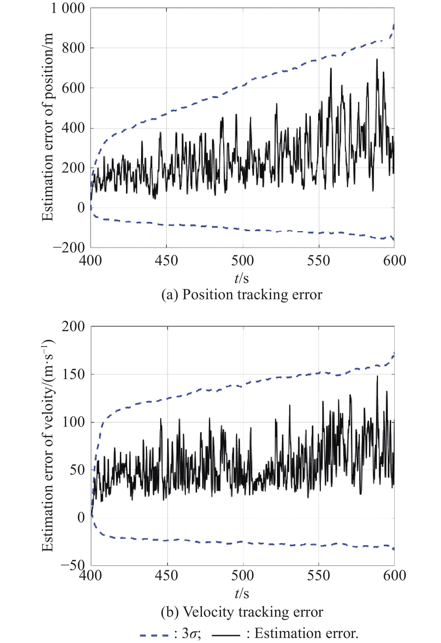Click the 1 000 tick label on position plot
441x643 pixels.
click(x=68, y=8)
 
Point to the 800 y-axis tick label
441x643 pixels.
click(x=73, y=48)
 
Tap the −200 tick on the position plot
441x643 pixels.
click(x=69, y=248)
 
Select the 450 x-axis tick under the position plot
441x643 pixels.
click(x=166, y=261)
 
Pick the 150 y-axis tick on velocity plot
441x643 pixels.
click(x=73, y=374)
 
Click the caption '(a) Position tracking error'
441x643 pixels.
click(x=242, y=295)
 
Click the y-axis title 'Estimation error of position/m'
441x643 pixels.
click(x=48, y=127)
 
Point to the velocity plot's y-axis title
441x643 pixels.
click(x=48, y=445)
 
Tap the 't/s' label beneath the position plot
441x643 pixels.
click(x=242, y=278)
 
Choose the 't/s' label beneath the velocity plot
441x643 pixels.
click(x=242, y=593)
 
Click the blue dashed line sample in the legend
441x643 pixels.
click(x=154, y=634)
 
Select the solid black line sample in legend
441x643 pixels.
click(x=226, y=634)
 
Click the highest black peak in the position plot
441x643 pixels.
click(x=377, y=60)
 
